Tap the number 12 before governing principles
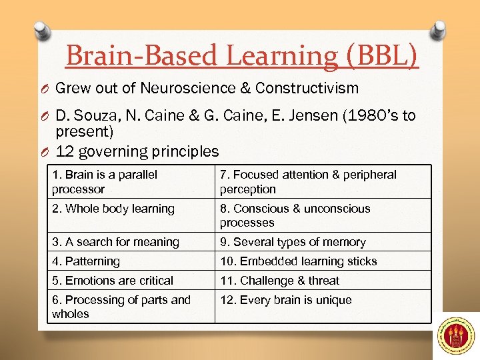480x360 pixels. (x=65, y=151)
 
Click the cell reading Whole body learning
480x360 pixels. (x=113, y=209)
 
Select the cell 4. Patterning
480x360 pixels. (x=87, y=261)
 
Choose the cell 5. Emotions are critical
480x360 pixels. (x=113, y=281)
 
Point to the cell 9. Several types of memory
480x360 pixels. (x=293, y=242)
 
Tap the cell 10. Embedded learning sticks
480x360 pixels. (x=298, y=261)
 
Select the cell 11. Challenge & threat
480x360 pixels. (x=279, y=281)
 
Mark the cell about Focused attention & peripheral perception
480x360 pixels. (x=308, y=181)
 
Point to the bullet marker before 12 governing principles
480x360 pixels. (x=45, y=152)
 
